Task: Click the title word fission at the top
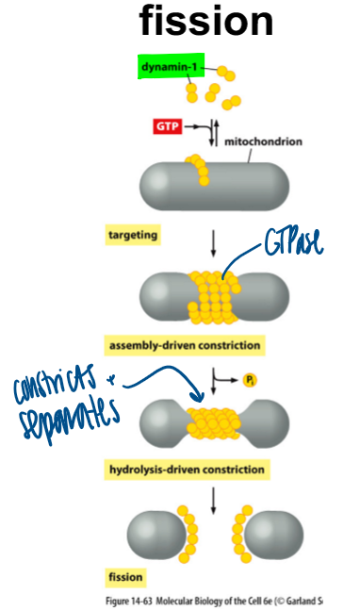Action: pyautogui.click(x=207, y=21)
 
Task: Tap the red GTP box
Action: pyautogui.click(x=166, y=124)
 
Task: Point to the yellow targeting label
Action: pyautogui.click(x=134, y=234)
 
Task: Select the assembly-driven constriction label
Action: pyautogui.click(x=184, y=344)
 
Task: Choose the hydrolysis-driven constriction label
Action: pyautogui.click(x=188, y=468)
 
